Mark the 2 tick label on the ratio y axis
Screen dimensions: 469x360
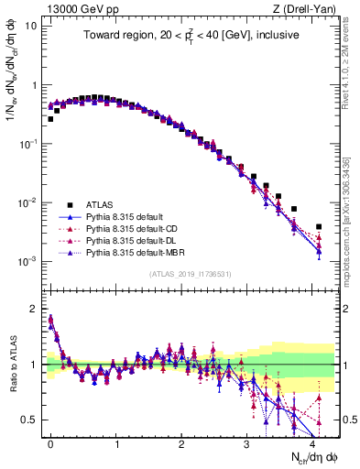[34, 308]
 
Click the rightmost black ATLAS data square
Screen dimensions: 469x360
[319, 226]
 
